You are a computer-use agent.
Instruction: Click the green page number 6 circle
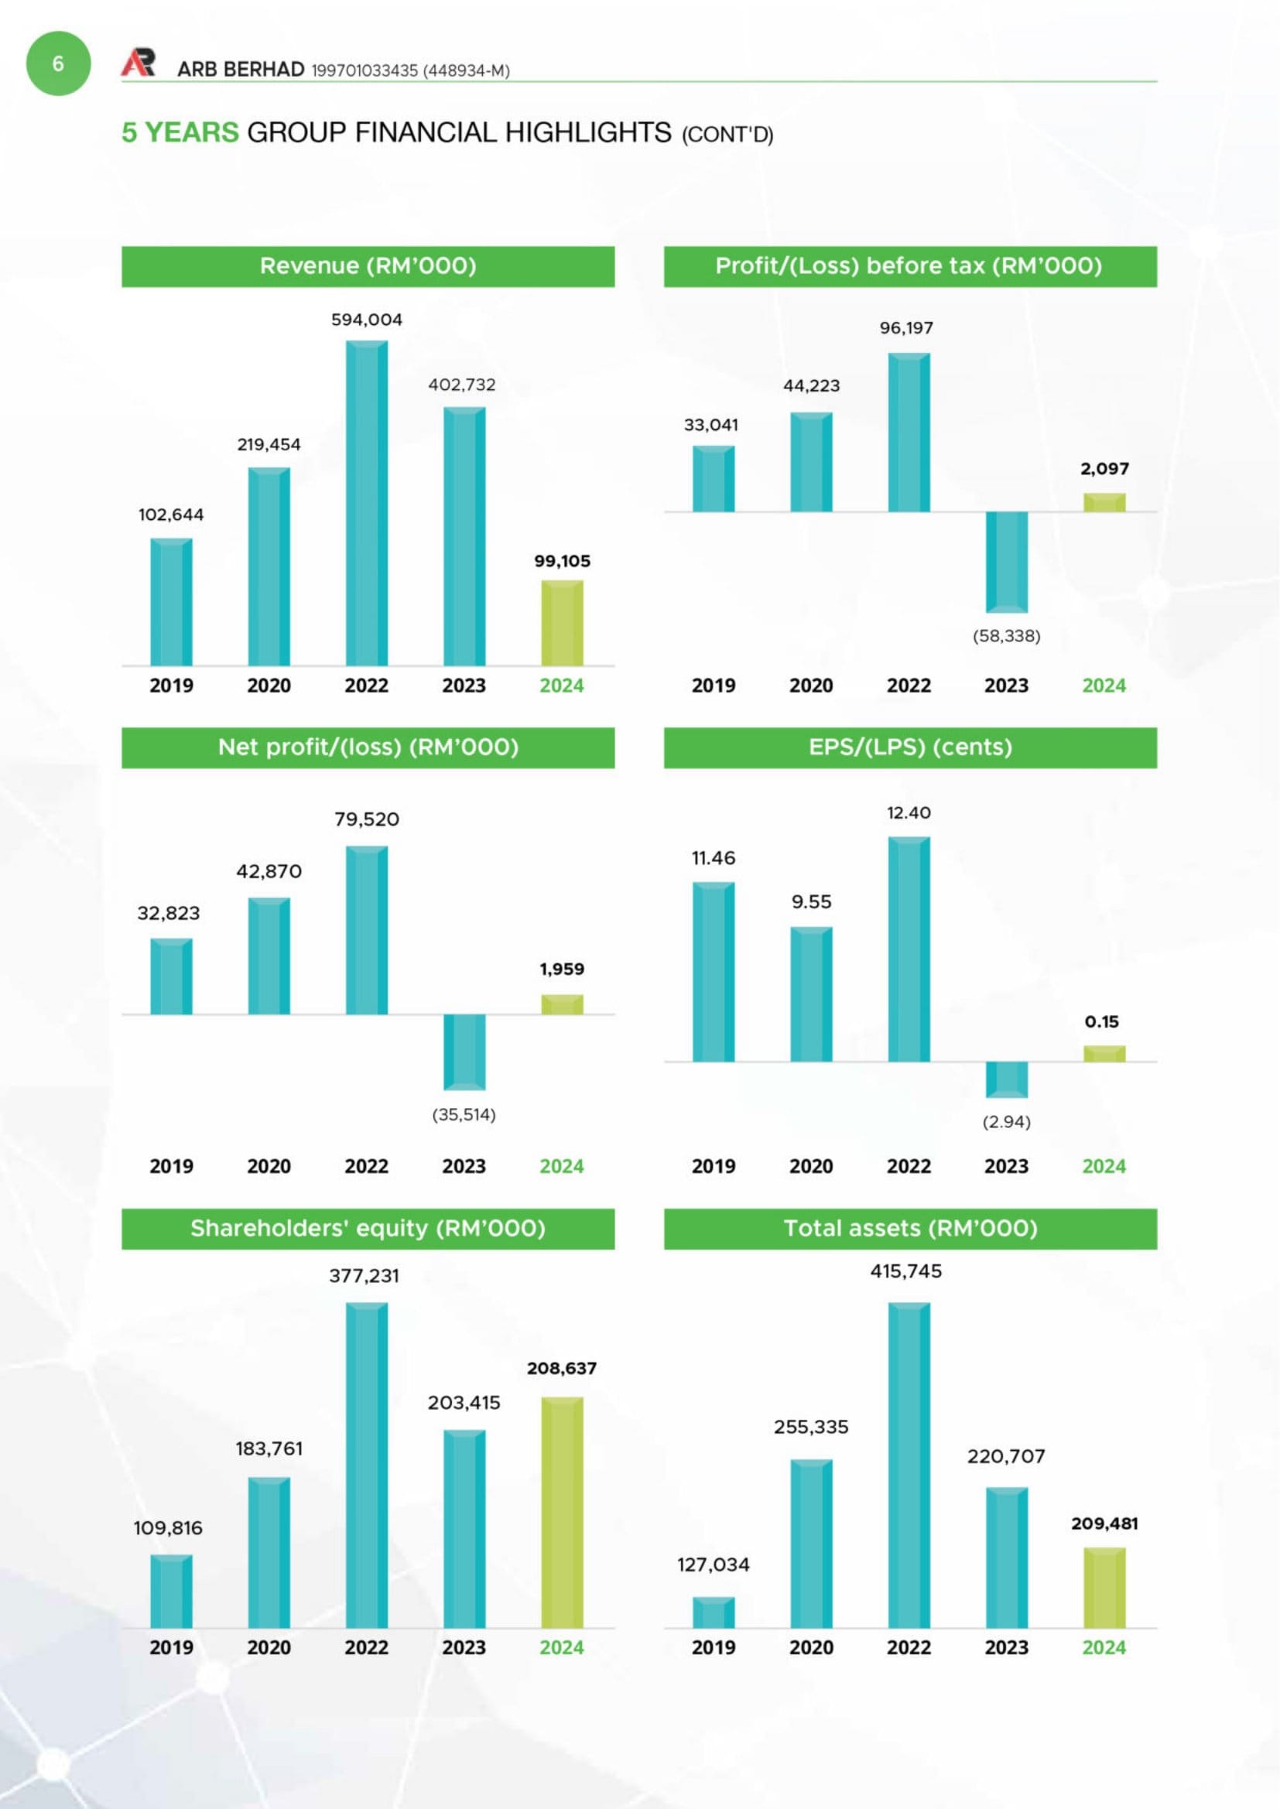pyautogui.click(x=58, y=63)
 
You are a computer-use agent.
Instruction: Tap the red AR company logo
pyautogui.click(x=138, y=63)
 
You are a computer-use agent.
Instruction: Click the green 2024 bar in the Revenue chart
pyautogui.click(x=562, y=623)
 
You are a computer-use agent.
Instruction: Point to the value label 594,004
pyautogui.click(x=367, y=320)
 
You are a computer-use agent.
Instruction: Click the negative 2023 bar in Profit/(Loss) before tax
pyautogui.click(x=1007, y=562)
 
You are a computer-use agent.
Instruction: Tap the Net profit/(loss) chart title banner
pyautogui.click(x=368, y=747)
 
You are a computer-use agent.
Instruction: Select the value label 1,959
pyautogui.click(x=562, y=969)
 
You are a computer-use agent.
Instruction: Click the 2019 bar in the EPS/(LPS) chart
pyautogui.click(x=714, y=972)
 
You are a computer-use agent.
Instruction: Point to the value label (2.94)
pyautogui.click(x=1007, y=1121)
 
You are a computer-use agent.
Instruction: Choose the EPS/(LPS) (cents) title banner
pyautogui.click(x=910, y=747)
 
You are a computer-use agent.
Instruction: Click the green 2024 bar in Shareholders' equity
pyautogui.click(x=562, y=1512)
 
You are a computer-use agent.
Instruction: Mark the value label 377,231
pyautogui.click(x=364, y=1276)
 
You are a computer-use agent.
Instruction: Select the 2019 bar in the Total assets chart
pyautogui.click(x=714, y=1612)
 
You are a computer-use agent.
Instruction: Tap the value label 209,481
pyautogui.click(x=1104, y=1523)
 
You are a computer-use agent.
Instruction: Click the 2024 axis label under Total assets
pyautogui.click(x=1104, y=1647)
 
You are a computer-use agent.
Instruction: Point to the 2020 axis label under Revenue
pyautogui.click(x=269, y=686)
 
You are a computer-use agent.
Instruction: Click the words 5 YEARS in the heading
pyautogui.click(x=180, y=132)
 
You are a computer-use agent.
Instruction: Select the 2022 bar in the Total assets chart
pyautogui.click(x=909, y=1465)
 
